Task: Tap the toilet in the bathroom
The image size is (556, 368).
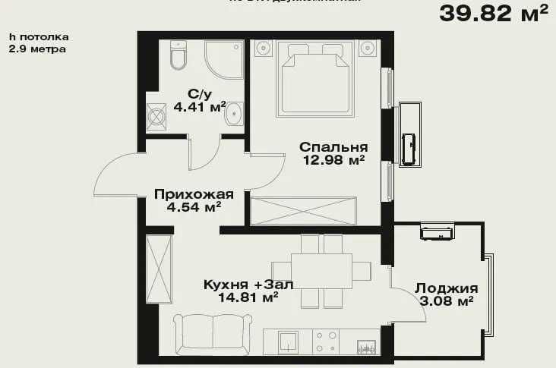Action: point(178,55)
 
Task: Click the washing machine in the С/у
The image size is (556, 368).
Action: point(157,118)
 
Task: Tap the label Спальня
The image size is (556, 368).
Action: point(333,147)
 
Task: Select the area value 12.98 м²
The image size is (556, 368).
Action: point(333,160)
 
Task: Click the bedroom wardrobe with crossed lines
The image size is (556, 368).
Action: point(303,210)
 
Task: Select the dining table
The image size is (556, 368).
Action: point(321,270)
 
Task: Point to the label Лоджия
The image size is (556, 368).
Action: point(446,288)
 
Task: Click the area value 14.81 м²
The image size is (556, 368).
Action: point(248,297)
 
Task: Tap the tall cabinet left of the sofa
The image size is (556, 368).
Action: point(160,269)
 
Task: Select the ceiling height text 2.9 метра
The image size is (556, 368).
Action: point(37,49)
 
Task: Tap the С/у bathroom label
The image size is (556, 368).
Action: point(198,94)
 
